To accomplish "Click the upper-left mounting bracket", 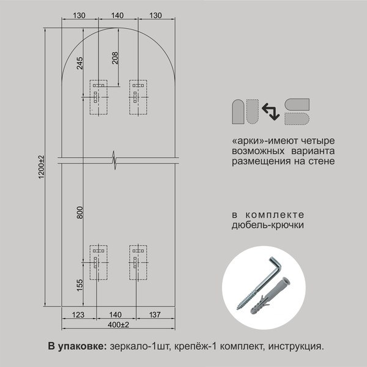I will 98,97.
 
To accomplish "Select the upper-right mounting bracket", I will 138,97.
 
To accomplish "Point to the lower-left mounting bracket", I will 98,262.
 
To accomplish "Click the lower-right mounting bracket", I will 138,262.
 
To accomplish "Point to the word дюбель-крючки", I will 267,225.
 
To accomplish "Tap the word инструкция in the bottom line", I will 295,346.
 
